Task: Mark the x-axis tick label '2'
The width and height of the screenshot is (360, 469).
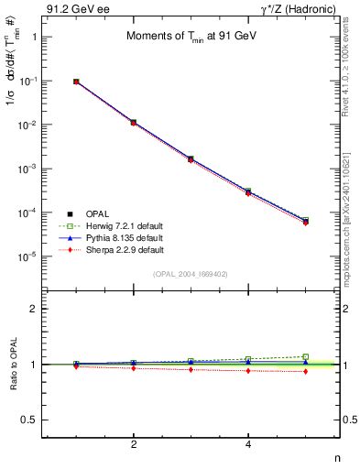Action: coord(134,445)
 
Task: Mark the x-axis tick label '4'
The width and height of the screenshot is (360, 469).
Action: coord(248,445)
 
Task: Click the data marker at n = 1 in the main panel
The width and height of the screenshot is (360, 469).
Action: coord(77,82)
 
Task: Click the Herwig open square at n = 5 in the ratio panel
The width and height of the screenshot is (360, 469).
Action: coord(305,356)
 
